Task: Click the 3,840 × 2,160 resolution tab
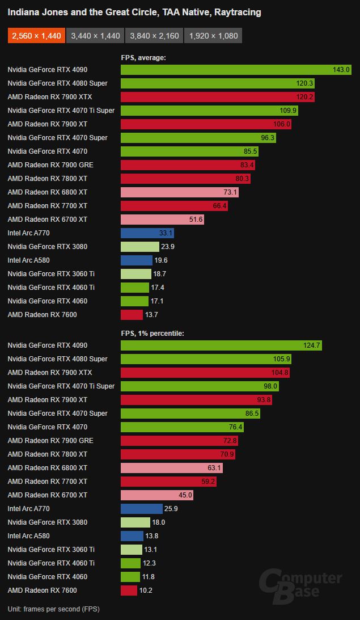pyautogui.click(x=154, y=36)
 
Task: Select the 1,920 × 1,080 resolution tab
pyautogui.click(x=213, y=36)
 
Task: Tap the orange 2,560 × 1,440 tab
pyautogui.click(x=35, y=36)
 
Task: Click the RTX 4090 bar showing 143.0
pyautogui.click(x=236, y=70)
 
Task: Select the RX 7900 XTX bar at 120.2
pyautogui.click(x=218, y=97)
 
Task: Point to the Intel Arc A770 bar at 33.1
pyautogui.click(x=147, y=233)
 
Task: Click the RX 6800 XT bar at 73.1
pyautogui.click(x=179, y=192)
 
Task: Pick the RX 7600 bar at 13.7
pyautogui.click(x=132, y=315)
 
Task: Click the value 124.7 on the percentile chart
pyautogui.click(x=311, y=345)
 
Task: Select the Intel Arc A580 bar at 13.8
pyautogui.click(x=132, y=536)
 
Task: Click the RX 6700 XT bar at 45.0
pyautogui.click(x=157, y=495)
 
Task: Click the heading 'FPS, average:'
pyautogui.click(x=143, y=57)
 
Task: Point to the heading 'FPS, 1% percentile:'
pyautogui.click(x=152, y=334)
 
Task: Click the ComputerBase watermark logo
pyautogui.click(x=300, y=584)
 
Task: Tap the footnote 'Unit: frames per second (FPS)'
pyautogui.click(x=54, y=609)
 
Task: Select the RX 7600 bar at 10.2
pyautogui.click(x=129, y=591)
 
